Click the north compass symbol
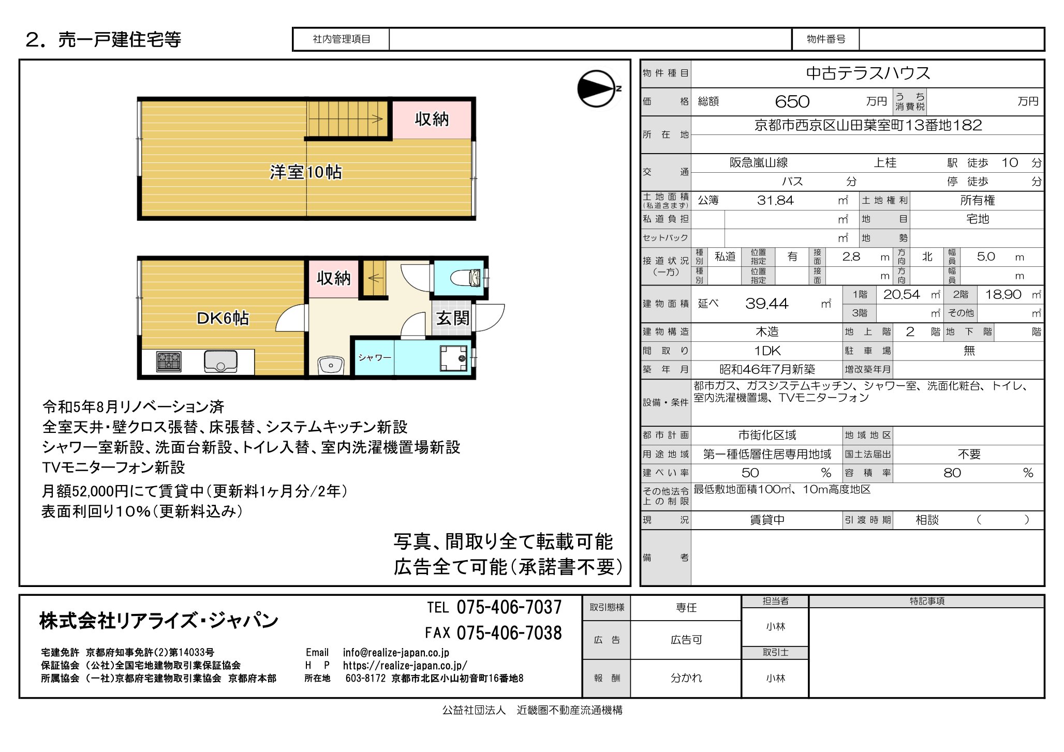point(597,89)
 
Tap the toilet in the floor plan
point(466,278)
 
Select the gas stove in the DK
point(169,362)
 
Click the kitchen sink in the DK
point(220,361)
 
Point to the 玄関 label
point(453,318)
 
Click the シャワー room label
point(375,357)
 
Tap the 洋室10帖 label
point(305,172)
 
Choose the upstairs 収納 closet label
point(432,119)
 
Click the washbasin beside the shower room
point(331,365)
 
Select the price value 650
point(792,102)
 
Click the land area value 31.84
point(775,201)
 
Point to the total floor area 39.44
point(766,304)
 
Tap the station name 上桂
point(885,163)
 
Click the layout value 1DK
point(767,351)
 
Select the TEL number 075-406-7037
point(509,607)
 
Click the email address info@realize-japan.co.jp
point(396,653)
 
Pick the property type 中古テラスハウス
point(868,73)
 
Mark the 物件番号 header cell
point(826,39)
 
